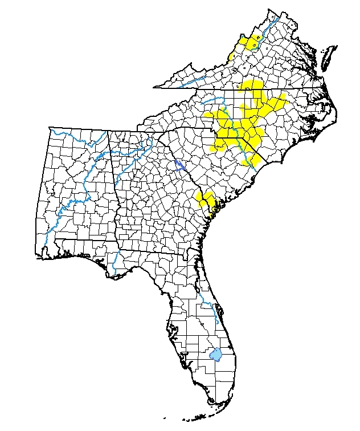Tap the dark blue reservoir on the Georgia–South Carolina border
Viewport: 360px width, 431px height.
178,165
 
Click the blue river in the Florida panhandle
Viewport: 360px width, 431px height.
115,263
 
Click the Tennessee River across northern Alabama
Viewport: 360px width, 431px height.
97,157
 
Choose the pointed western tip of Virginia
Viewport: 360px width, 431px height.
157,87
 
